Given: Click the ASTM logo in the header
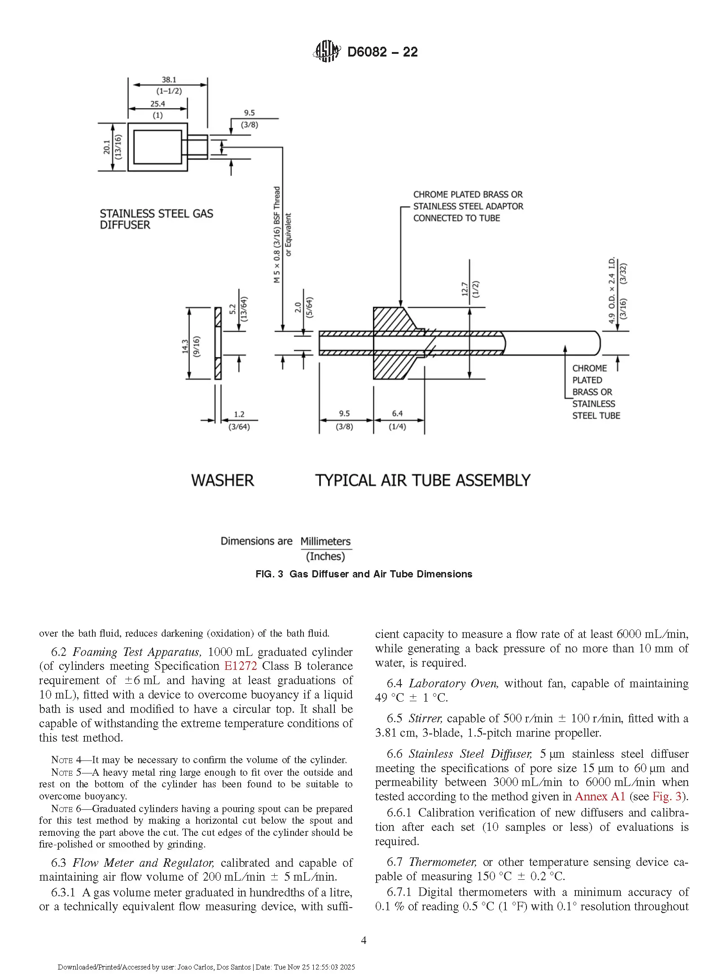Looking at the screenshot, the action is coord(326,51).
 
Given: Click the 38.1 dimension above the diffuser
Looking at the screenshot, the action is coord(169,80).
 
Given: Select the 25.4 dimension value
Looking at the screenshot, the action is coord(158,104).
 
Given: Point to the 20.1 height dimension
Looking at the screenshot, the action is coord(106,147).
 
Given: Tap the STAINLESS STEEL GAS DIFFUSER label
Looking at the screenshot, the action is coord(157,219).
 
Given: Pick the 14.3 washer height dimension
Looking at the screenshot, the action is coord(185,346).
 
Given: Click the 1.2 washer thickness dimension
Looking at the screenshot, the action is coord(239,415).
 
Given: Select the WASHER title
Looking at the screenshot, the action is coord(223,480).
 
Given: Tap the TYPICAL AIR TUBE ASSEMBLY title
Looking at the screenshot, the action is coord(423,480).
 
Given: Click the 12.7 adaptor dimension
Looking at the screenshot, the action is coord(465,289).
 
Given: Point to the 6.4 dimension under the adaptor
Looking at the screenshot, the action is coord(397,414).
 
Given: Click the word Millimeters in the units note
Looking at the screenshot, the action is coord(326,542).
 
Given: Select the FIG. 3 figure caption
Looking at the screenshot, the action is coord(364,574).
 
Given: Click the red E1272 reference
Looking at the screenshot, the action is coord(241,666).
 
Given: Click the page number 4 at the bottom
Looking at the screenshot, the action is coord(364,940).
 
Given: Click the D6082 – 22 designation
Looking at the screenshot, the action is coord(382,52).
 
